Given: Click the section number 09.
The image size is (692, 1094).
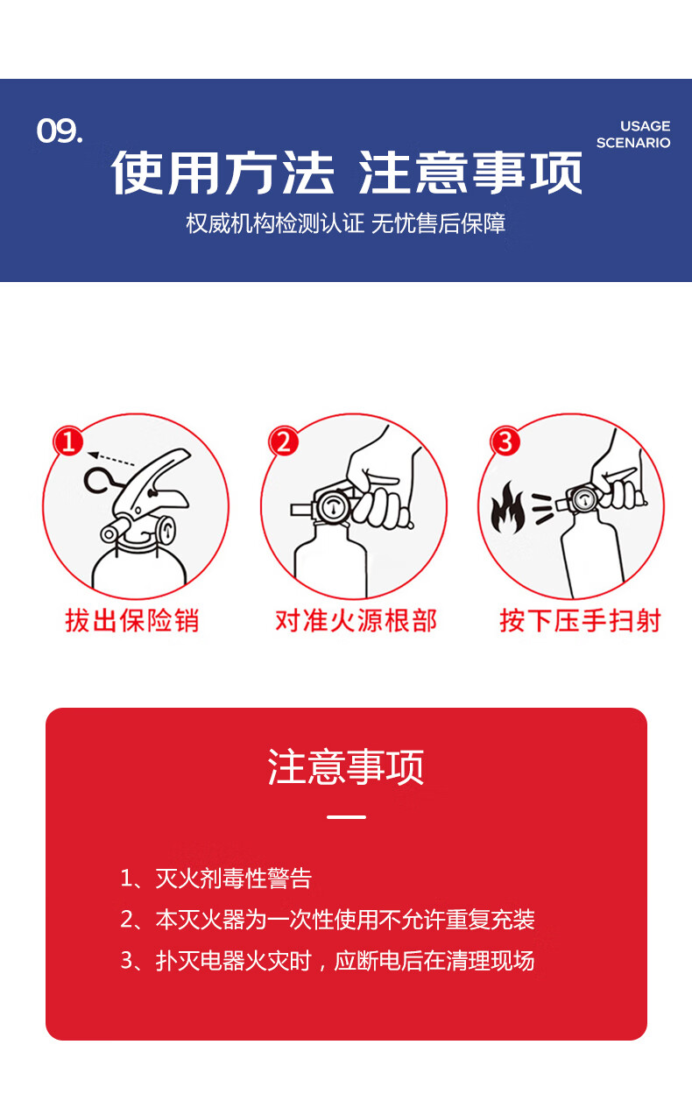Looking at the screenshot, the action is (x=60, y=131).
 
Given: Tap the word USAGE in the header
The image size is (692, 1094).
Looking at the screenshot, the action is (x=645, y=126).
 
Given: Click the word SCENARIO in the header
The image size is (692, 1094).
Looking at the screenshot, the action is (x=633, y=143).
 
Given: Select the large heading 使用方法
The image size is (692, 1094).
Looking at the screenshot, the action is (x=223, y=173).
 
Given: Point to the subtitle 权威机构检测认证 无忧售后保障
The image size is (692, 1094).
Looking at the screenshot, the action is (x=346, y=223).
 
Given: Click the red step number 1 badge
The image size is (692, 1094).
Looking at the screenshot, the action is (x=69, y=441).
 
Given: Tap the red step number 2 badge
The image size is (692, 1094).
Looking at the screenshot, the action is (x=284, y=441).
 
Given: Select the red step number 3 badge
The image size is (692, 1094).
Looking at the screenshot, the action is (x=505, y=441).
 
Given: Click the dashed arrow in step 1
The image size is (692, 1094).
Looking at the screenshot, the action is (x=111, y=459).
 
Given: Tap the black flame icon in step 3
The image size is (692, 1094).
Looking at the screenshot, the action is (x=508, y=508).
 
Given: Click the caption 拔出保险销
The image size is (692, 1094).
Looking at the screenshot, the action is (x=132, y=621).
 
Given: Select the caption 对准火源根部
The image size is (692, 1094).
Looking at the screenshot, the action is (x=356, y=621).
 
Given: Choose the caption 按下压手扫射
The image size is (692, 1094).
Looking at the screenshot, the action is (x=580, y=621).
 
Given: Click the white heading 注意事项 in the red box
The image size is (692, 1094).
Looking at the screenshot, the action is (x=346, y=766).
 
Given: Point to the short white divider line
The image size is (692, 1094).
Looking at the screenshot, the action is (x=346, y=816).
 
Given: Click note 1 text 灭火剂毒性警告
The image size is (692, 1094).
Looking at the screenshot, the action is (x=233, y=879).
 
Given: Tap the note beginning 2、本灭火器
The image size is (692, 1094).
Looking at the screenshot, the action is (x=328, y=920).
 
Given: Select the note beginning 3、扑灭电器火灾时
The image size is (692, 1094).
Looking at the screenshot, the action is (x=328, y=961).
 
